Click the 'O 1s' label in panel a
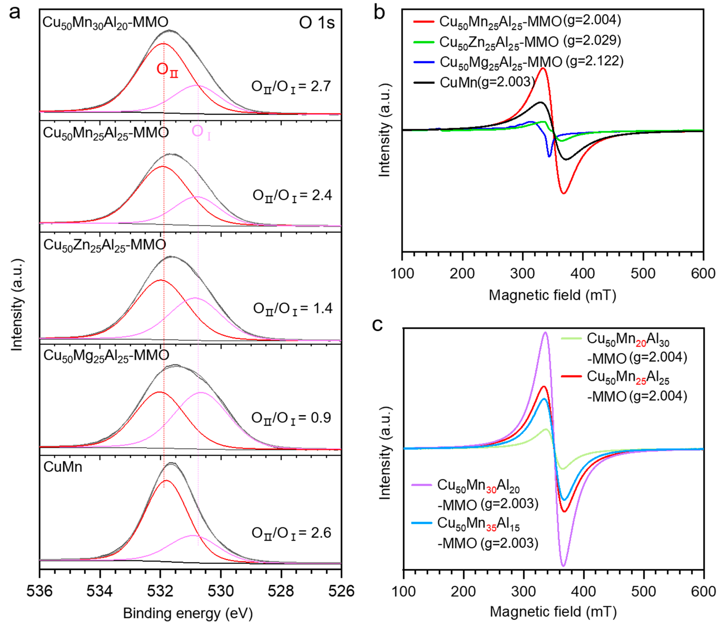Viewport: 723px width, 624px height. pos(316,23)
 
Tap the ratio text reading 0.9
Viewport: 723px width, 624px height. pos(291,418)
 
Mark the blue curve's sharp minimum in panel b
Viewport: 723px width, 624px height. pos(550,156)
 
